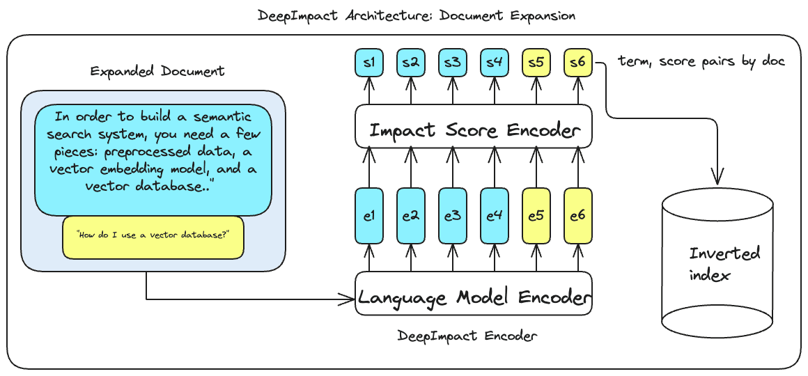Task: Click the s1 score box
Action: pos(369,63)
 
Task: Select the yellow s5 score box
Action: pos(536,63)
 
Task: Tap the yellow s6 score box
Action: pos(578,63)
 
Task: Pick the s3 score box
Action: pos(453,63)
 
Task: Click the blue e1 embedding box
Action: pos(369,216)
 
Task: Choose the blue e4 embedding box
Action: pos(495,216)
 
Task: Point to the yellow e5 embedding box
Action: pos(536,216)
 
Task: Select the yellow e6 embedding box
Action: pos(578,216)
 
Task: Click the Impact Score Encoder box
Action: pos(474,130)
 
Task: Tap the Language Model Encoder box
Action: pos(474,298)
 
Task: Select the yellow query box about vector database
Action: pos(153,236)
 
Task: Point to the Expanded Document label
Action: pos(157,71)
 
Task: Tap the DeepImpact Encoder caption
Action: pos(467,336)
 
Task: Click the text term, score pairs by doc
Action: pos(701,61)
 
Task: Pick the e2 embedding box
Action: pos(411,216)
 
